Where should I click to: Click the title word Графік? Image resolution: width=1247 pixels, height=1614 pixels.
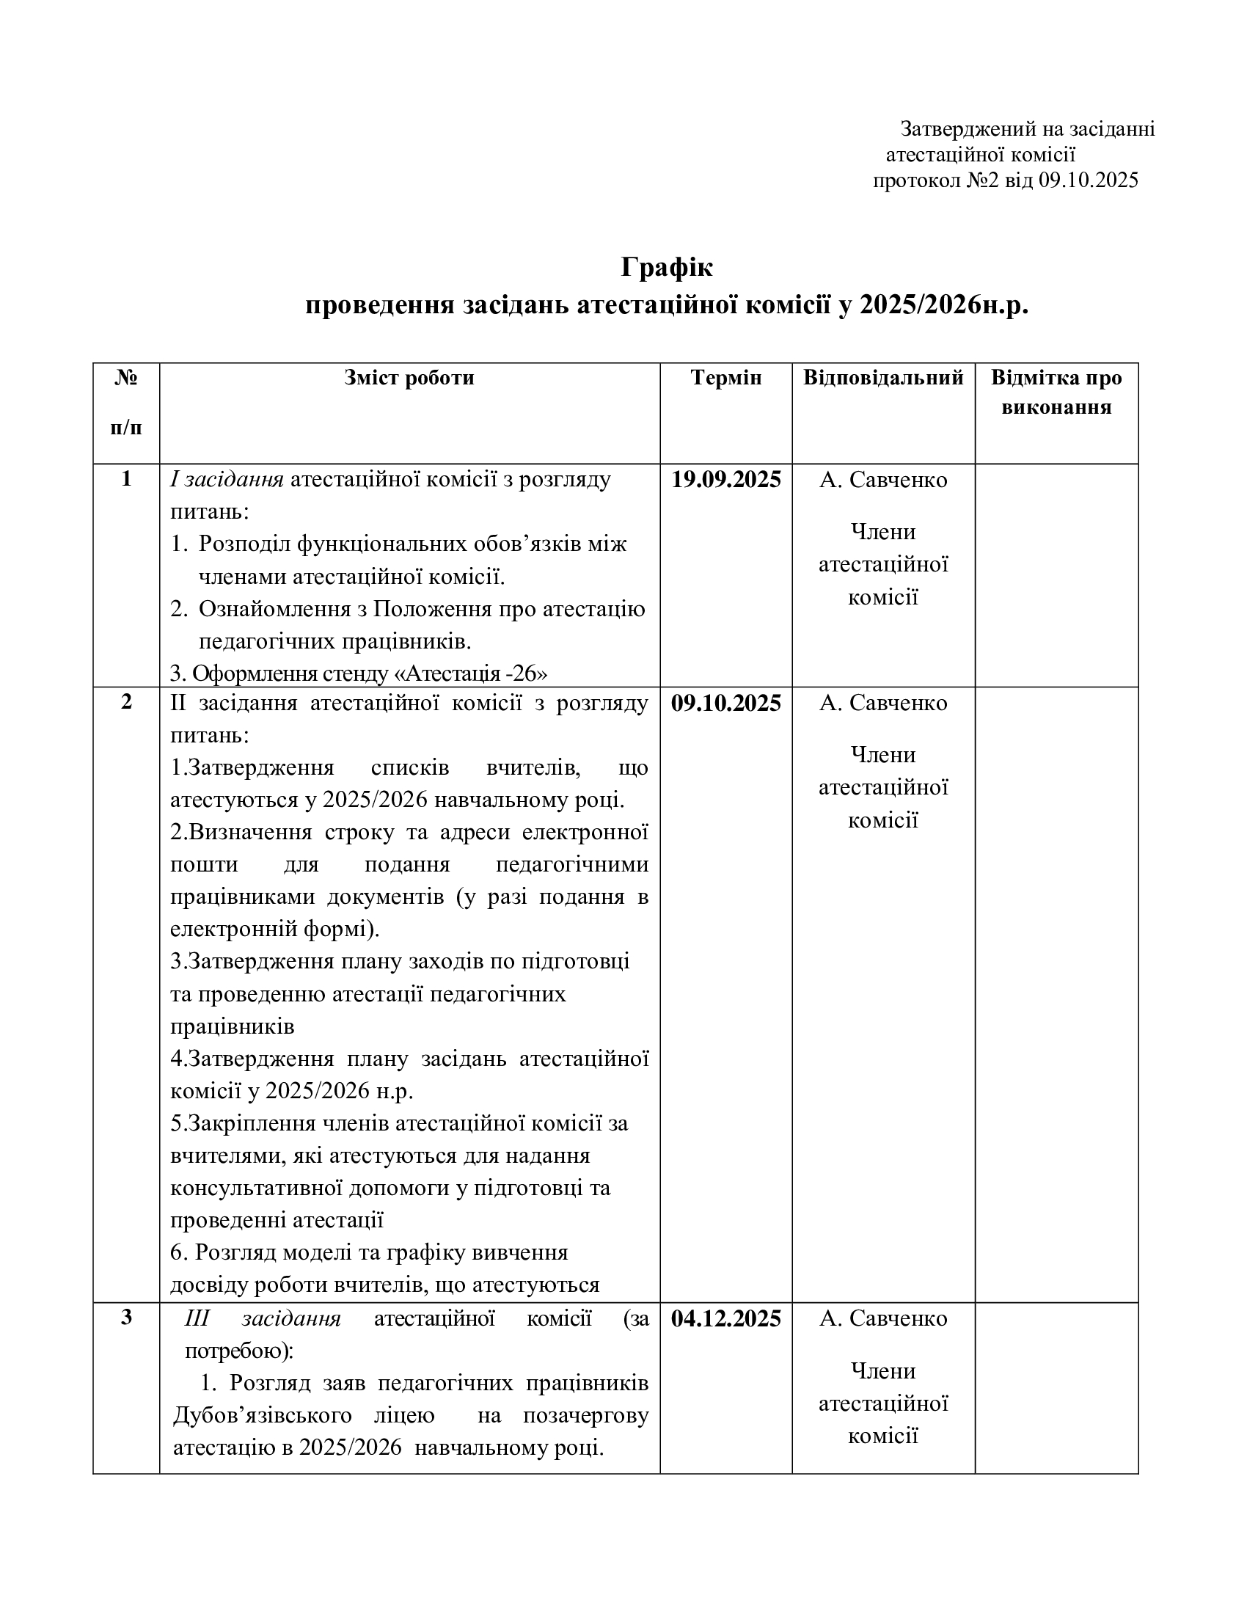click(666, 267)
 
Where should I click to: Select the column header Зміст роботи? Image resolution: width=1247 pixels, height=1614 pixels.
click(409, 379)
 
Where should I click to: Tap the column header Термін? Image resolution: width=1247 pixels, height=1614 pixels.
click(725, 379)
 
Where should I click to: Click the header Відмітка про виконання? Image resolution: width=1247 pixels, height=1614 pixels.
click(1056, 392)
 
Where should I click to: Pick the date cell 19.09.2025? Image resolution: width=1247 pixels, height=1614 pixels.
click(725, 481)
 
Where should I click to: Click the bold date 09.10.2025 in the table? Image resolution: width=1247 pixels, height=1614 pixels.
click(725, 704)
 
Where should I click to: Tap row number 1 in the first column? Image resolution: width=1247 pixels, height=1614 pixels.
click(126, 479)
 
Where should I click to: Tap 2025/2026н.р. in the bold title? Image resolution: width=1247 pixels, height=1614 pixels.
click(943, 305)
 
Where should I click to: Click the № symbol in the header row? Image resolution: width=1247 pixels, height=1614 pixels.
click(126, 379)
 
